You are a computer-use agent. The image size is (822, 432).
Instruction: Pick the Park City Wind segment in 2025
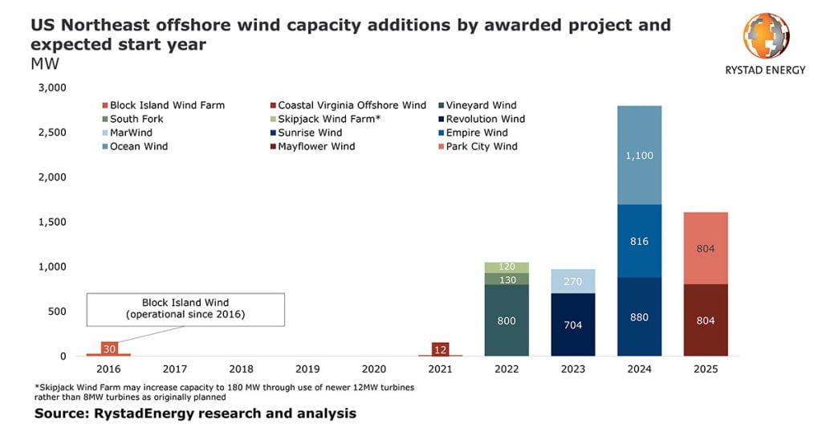[706, 248]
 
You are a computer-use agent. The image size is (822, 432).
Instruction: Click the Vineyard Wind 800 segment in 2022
[507, 320]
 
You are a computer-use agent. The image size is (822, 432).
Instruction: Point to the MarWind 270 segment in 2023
[573, 282]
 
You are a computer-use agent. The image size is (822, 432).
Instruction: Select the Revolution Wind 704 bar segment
[573, 325]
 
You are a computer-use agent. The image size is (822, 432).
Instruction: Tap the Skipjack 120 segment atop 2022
[507, 267]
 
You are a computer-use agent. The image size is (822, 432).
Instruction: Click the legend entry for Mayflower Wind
[315, 146]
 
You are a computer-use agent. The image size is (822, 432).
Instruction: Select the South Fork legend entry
[136, 119]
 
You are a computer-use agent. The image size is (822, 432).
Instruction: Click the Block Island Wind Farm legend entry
[167, 105]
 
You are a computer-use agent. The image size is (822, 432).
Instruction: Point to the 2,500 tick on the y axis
[51, 132]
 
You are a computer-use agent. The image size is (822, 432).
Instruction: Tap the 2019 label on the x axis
[307, 369]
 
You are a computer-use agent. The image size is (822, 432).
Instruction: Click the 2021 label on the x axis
[440, 369]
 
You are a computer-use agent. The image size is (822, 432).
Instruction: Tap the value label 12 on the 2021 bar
[440, 348]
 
